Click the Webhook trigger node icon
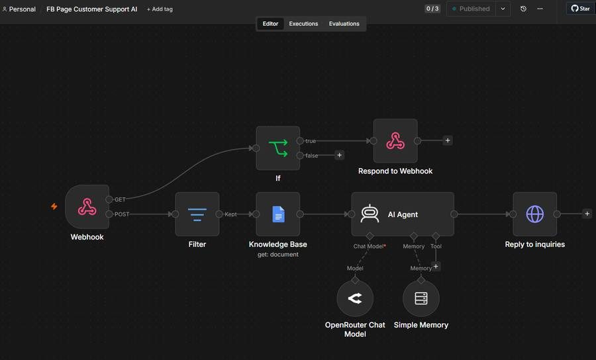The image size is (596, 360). pyautogui.click(x=87, y=207)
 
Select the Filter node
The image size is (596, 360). pyautogui.click(x=197, y=214)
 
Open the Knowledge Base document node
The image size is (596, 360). pyautogui.click(x=278, y=214)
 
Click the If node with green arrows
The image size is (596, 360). pyautogui.click(x=278, y=148)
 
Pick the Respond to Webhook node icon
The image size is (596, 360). pyautogui.click(x=395, y=141)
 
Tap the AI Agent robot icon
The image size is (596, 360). pyautogui.click(x=370, y=214)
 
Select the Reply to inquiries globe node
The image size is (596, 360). pyautogui.click(x=535, y=214)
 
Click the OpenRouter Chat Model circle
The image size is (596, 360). pyautogui.click(x=355, y=298)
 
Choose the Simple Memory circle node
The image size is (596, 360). pyautogui.click(x=421, y=298)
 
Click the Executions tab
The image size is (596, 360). pyautogui.click(x=303, y=24)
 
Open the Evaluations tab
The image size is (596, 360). pyautogui.click(x=344, y=24)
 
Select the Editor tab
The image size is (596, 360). pyautogui.click(x=270, y=24)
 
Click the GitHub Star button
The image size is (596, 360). pyautogui.click(x=580, y=9)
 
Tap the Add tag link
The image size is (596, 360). pyautogui.click(x=160, y=9)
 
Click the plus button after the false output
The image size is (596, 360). pyautogui.click(x=340, y=155)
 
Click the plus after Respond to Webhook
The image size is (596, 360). pyautogui.click(x=448, y=140)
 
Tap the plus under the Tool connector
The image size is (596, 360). pyautogui.click(x=436, y=266)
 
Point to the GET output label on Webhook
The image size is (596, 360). pyautogui.click(x=120, y=199)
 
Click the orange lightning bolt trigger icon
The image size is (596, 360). pyautogui.click(x=54, y=206)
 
